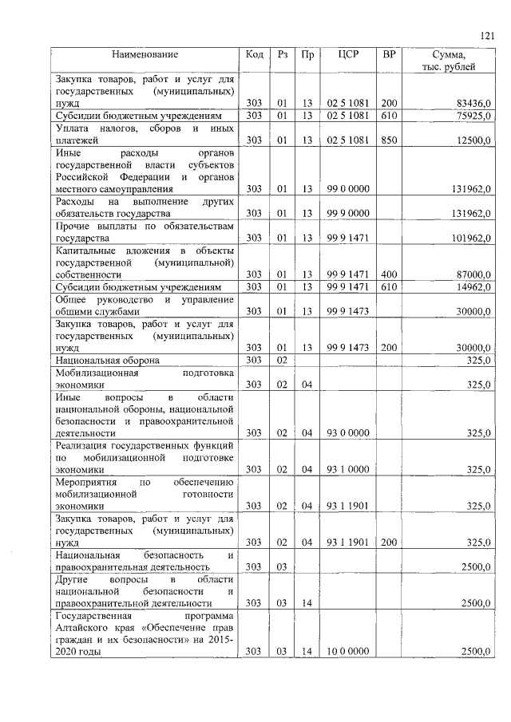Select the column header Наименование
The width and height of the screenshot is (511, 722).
coord(145,55)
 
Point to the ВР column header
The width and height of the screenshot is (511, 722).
coord(389,55)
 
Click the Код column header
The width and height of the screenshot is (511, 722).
coord(255,55)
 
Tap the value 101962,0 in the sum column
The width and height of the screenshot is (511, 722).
coord(467,238)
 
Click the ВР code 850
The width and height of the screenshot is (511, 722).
coord(389,140)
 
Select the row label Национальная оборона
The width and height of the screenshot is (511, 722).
coord(107,360)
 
